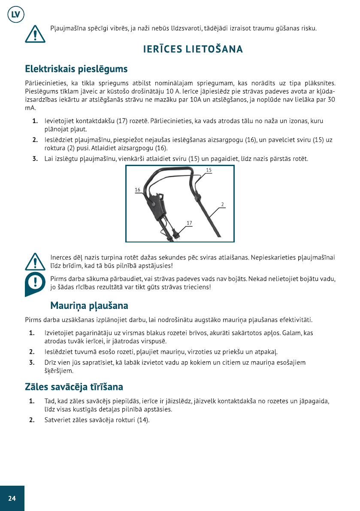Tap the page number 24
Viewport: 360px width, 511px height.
pyautogui.click(x=12, y=498)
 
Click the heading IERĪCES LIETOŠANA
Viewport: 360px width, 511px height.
pyautogui.click(x=193, y=49)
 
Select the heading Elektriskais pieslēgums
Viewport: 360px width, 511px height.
pyautogui.click(x=76, y=69)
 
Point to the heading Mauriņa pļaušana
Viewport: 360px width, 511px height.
pyautogui.click(x=89, y=306)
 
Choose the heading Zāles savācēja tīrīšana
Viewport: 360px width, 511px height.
pyautogui.click(x=74, y=387)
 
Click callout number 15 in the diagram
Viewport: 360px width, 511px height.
pyautogui.click(x=209, y=170)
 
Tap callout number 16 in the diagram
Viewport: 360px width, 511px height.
pyautogui.click(x=137, y=189)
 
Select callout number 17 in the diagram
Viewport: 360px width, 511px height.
pyautogui.click(x=189, y=222)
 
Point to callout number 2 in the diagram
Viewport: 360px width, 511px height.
pyautogui.click(x=223, y=204)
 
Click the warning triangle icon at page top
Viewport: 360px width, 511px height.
pyautogui.click(x=34, y=33)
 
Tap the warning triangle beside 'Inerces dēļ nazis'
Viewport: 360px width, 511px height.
pyautogui.click(x=35, y=260)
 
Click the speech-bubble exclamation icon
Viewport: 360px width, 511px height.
pyautogui.click(x=35, y=283)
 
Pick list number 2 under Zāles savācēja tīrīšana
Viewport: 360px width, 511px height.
pyautogui.click(x=32, y=420)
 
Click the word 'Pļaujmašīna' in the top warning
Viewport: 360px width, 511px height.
pyautogui.click(x=68, y=29)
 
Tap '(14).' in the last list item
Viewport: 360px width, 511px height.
pyautogui.click(x=143, y=420)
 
